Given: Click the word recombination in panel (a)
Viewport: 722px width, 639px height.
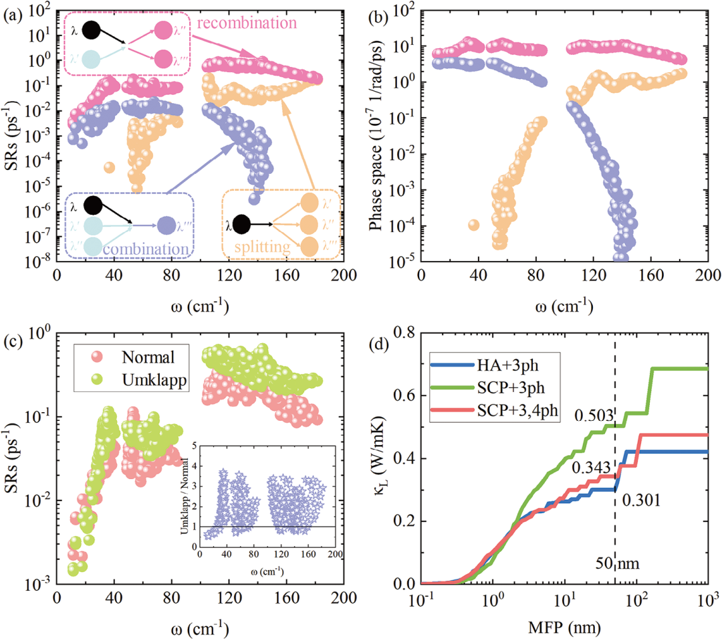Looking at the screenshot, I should [247, 23].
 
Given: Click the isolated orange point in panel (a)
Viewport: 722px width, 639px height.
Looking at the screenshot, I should [110, 167].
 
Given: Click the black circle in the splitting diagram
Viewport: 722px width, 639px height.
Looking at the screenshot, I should [243, 225].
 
